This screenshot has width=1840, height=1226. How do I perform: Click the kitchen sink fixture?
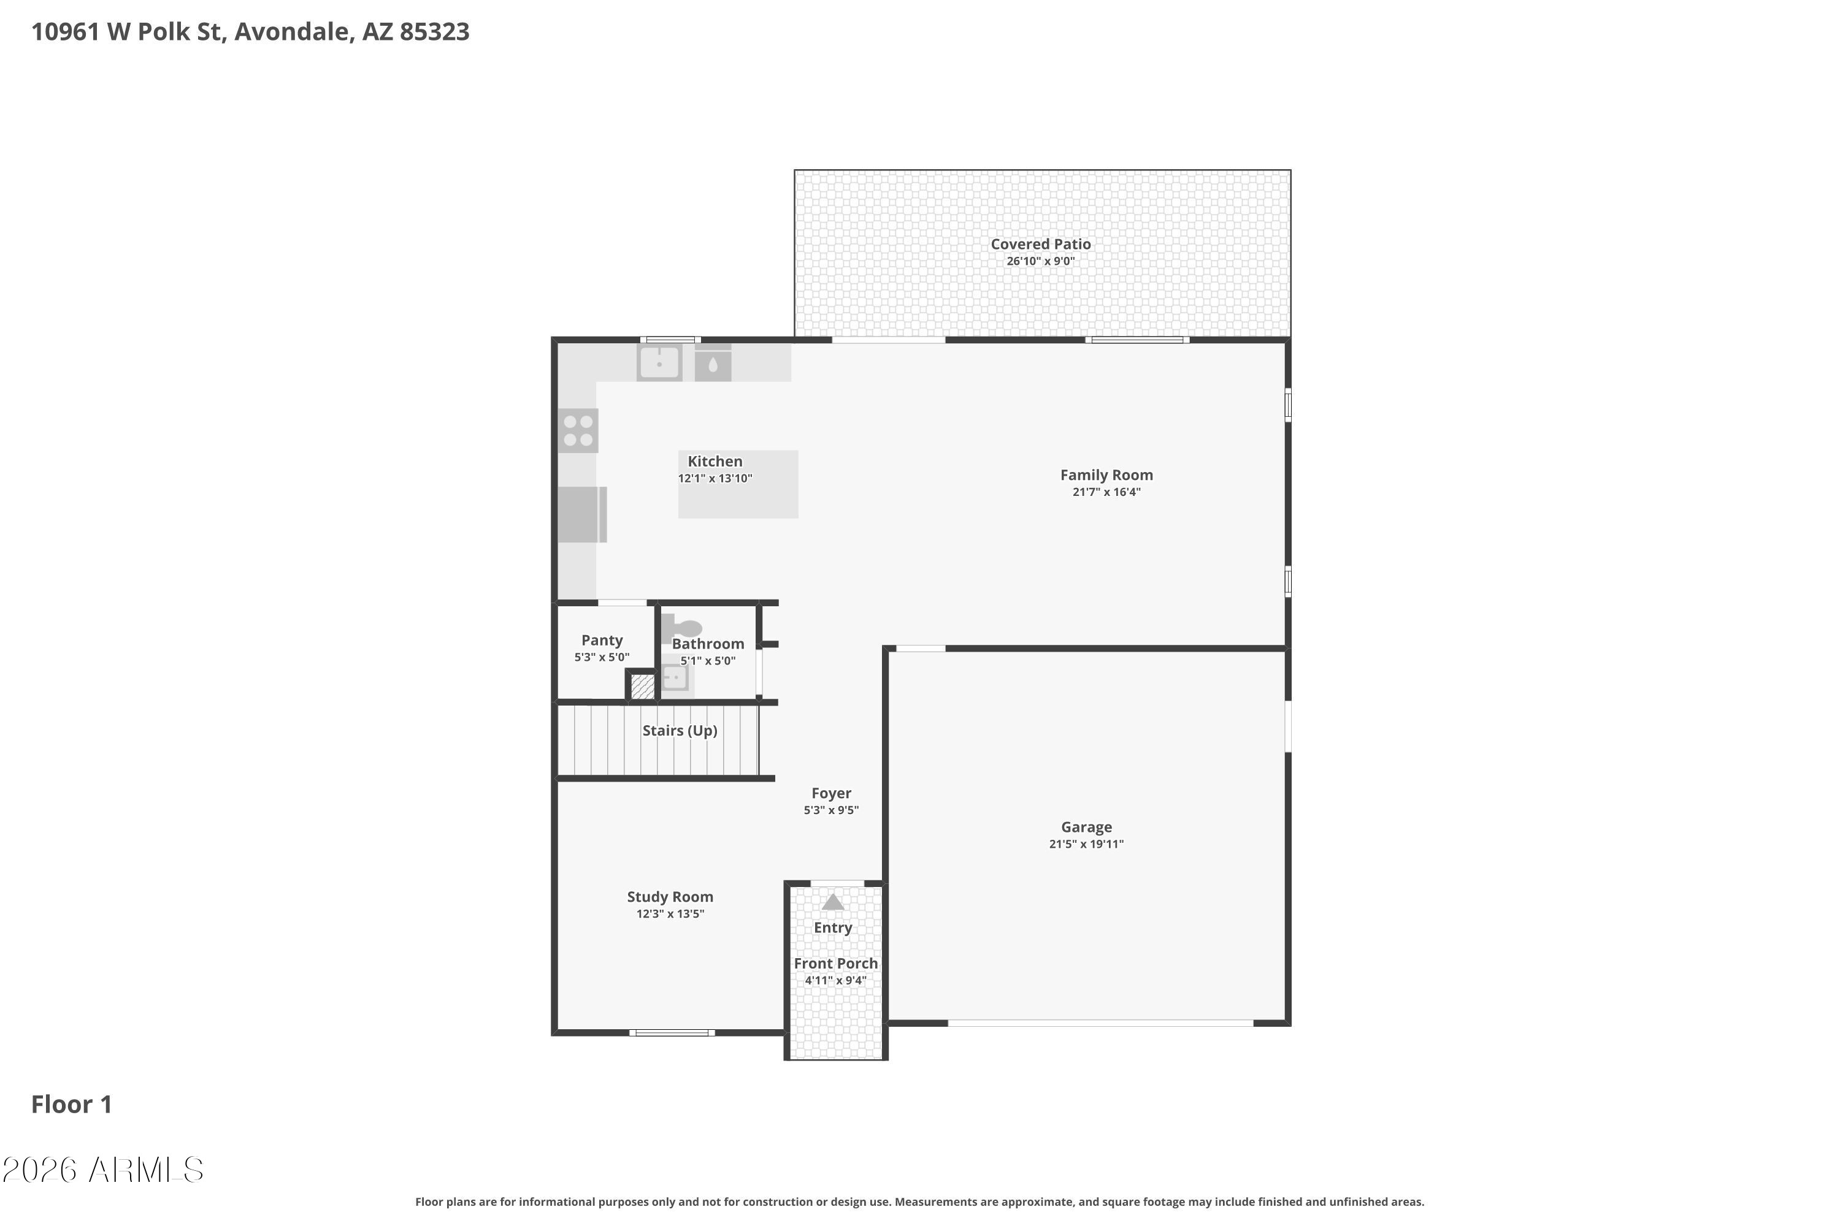(x=659, y=363)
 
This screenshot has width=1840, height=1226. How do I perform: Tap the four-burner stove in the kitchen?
(x=578, y=431)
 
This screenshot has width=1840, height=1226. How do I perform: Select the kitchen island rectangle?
(x=738, y=484)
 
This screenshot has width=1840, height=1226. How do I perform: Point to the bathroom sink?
(x=675, y=677)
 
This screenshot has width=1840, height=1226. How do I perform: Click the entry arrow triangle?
(x=833, y=902)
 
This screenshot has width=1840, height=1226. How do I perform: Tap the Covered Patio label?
(x=1040, y=244)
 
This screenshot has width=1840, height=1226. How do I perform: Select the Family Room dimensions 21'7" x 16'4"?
(x=1106, y=492)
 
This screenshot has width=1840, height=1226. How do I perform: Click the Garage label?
(x=1086, y=827)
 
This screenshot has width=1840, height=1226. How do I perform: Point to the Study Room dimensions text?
(x=670, y=913)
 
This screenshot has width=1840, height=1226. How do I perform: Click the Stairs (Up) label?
(x=680, y=730)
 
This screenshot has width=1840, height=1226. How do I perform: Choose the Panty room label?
(x=602, y=641)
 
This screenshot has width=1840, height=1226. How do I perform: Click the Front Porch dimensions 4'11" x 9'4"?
(x=835, y=980)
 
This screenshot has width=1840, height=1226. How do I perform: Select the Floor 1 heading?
(x=71, y=1104)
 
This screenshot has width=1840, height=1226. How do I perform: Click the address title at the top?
(x=250, y=31)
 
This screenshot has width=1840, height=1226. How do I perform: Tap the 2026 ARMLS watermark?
(x=102, y=1170)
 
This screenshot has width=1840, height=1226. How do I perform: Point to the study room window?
(x=672, y=1033)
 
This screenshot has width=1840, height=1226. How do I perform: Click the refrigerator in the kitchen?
(x=582, y=514)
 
